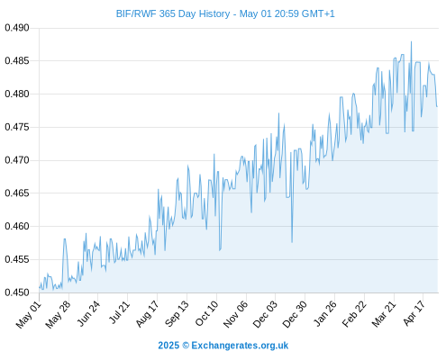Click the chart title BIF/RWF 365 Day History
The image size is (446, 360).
click(x=173, y=13)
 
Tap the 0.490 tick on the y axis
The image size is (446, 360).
click(x=17, y=28)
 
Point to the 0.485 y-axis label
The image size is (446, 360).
click(x=17, y=61)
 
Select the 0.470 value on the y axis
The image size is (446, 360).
click(x=17, y=160)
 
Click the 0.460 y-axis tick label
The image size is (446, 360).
click(x=17, y=226)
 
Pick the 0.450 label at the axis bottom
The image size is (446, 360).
click(x=17, y=292)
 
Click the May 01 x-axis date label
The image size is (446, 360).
click(x=29, y=314)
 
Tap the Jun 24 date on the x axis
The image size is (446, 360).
click(x=88, y=313)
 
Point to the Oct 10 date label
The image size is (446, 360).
click(x=206, y=313)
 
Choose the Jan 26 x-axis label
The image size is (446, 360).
click(x=324, y=313)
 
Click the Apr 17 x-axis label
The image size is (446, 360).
click(x=414, y=313)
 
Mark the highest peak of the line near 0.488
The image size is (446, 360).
click(x=411, y=42)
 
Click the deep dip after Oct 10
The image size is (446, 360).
click(x=220, y=250)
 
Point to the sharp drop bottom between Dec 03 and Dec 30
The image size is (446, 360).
click(x=292, y=242)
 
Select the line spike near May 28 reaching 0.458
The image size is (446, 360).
click(x=65, y=238)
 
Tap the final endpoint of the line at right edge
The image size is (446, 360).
click(x=437, y=106)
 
